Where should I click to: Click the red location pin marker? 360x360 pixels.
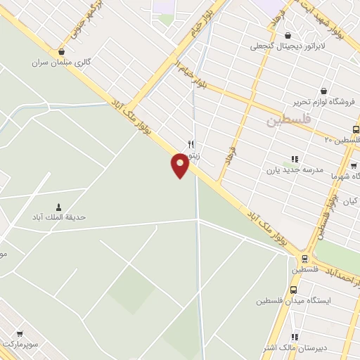(180, 165)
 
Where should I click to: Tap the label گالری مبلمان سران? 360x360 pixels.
(62, 62)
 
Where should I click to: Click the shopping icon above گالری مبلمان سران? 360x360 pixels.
(62, 51)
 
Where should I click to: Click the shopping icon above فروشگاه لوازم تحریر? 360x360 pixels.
(323, 91)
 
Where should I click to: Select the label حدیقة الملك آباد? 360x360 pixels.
(58, 217)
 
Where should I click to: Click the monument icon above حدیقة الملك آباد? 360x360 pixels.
(58, 207)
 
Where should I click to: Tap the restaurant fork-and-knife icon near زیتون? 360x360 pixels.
(191, 143)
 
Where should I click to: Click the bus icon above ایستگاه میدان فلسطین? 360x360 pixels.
(293, 290)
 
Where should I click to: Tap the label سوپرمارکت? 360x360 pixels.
(19, 345)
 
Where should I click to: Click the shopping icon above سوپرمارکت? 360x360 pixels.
(19, 334)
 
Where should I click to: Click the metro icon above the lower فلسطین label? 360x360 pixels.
(304, 258)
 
